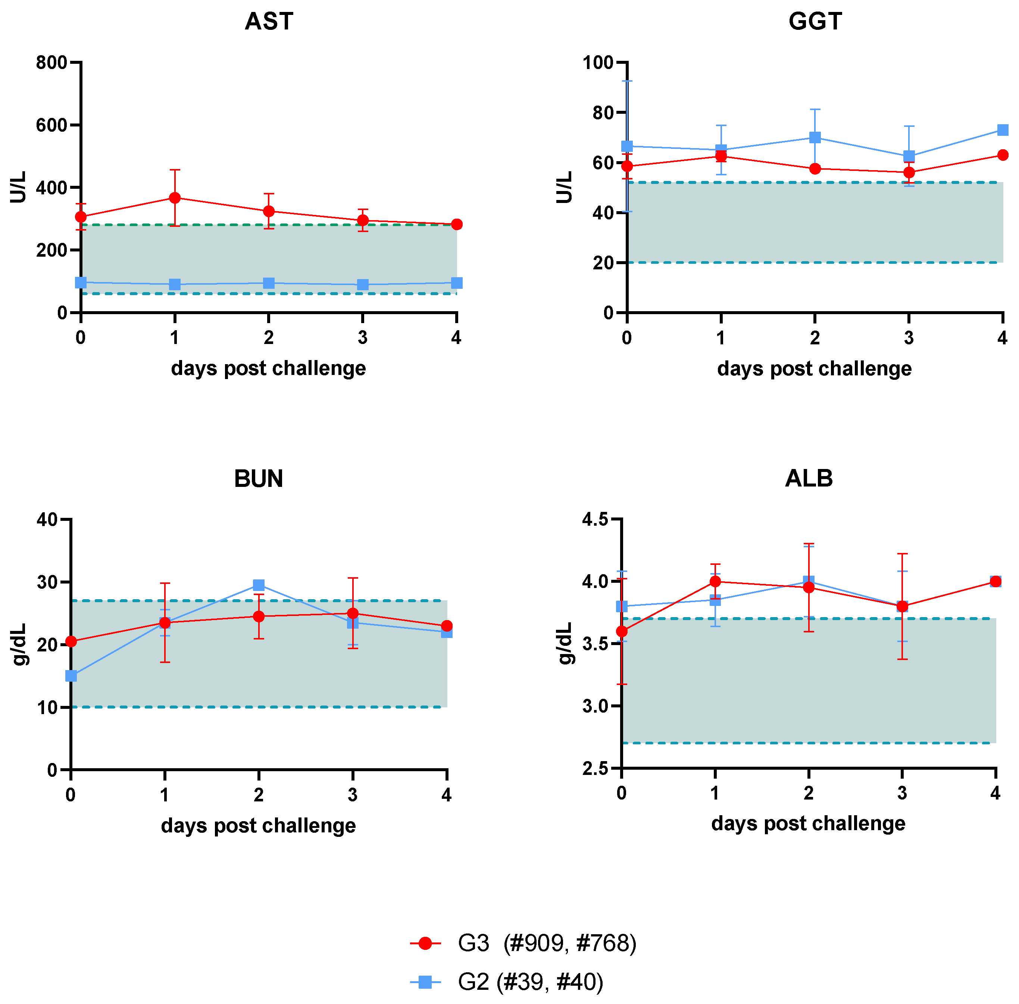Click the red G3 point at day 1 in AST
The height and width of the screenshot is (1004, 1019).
click(175, 198)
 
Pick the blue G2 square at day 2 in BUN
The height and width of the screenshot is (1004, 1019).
click(259, 585)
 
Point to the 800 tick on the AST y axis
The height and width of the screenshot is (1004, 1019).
click(52, 63)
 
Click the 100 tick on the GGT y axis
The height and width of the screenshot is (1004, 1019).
click(598, 63)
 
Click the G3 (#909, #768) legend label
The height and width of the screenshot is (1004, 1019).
click(547, 943)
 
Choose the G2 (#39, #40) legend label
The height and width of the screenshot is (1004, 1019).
click(530, 982)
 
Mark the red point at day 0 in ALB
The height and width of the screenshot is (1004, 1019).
click(622, 631)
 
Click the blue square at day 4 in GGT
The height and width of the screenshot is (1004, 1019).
click(1003, 130)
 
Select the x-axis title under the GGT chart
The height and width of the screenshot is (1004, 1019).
click(815, 369)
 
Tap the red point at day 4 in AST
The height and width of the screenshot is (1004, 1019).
click(457, 225)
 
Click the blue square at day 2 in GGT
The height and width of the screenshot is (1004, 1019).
click(815, 138)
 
